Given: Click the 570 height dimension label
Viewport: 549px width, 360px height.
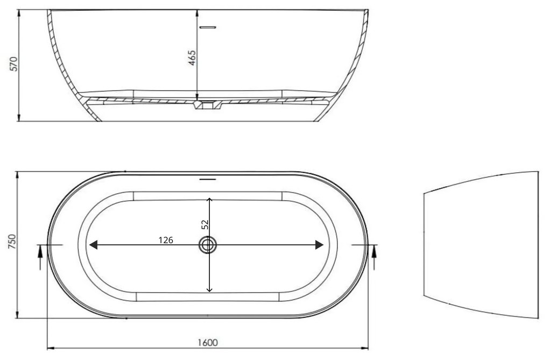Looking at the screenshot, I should (14, 64).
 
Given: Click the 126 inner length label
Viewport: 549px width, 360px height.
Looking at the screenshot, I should (166, 240).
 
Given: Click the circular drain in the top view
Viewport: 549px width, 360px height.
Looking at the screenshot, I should (208, 245).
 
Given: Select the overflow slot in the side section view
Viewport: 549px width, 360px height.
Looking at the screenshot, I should (207, 26).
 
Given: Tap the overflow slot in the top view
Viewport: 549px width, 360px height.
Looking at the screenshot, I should (207, 179).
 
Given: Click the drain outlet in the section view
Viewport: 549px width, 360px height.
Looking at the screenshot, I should (207, 105).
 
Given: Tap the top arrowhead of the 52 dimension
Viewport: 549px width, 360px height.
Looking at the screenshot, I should (209, 200).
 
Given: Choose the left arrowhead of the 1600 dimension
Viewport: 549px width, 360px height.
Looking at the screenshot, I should (50, 348).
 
